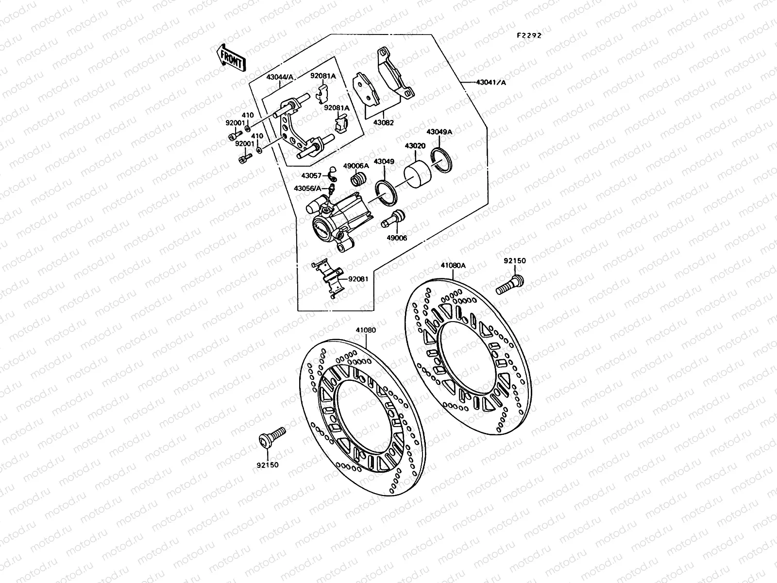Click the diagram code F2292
click(529, 35)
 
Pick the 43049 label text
click(384, 161)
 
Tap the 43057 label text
click(312, 176)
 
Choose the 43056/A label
click(307, 188)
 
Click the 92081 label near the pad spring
click(358, 279)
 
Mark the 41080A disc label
click(453, 265)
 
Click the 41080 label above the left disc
click(366, 330)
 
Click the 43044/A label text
click(280, 77)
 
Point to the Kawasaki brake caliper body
click(335, 223)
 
